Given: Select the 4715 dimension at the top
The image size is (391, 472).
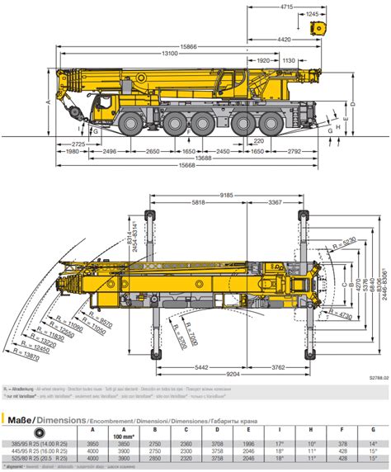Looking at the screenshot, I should pyautogui.click(x=285, y=7).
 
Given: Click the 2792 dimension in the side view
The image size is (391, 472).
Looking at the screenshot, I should pyautogui.click(x=294, y=152).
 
